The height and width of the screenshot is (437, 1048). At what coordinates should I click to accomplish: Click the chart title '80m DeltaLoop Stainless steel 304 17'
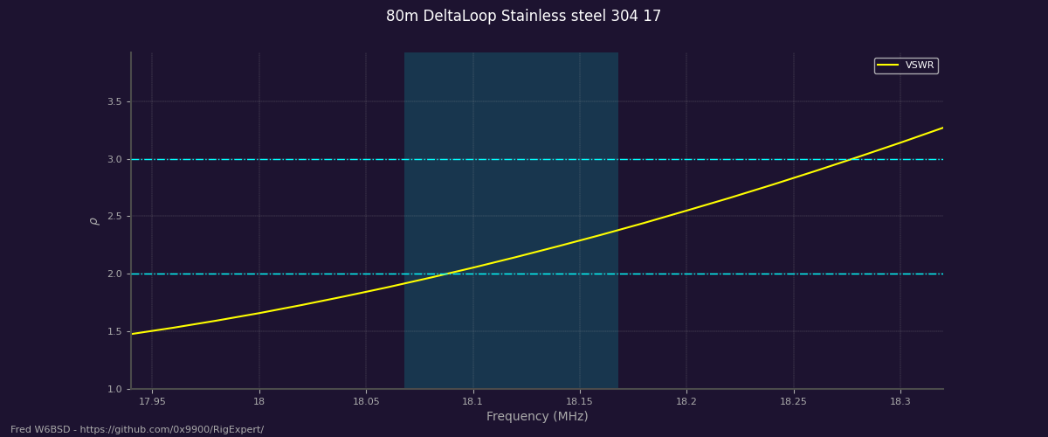[x=523, y=17]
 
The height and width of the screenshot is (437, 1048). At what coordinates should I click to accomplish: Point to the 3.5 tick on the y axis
[x=114, y=102]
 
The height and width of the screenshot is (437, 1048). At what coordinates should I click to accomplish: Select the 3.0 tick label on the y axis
[x=114, y=160]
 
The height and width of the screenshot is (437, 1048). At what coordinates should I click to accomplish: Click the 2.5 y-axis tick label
[x=114, y=217]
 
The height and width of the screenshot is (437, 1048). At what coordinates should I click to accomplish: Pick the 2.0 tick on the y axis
[x=114, y=274]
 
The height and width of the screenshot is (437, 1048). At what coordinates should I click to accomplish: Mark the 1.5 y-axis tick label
[x=114, y=332]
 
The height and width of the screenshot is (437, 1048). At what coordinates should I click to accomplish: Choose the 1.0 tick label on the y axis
[x=114, y=390]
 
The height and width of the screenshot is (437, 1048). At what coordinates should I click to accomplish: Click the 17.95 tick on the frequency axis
[x=152, y=402]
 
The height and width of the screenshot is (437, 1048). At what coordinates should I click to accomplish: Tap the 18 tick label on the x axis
[x=259, y=402]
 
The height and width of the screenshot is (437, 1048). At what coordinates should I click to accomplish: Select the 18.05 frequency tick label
[x=366, y=402]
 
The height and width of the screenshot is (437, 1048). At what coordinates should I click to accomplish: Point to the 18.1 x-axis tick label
[x=472, y=402]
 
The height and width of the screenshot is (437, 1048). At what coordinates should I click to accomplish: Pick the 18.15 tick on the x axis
[x=580, y=402]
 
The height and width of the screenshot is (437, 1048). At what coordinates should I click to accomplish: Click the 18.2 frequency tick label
[x=686, y=402]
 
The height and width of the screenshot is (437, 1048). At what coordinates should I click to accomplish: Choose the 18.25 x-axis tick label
[x=793, y=402]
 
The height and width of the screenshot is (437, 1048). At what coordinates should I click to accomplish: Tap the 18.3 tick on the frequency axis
[x=900, y=402]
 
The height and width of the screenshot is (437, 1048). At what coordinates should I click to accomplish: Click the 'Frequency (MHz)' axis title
[x=537, y=417]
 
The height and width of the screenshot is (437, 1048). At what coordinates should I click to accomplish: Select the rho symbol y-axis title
[x=94, y=221]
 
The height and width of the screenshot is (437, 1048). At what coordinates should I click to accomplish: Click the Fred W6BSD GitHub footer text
[x=137, y=430]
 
